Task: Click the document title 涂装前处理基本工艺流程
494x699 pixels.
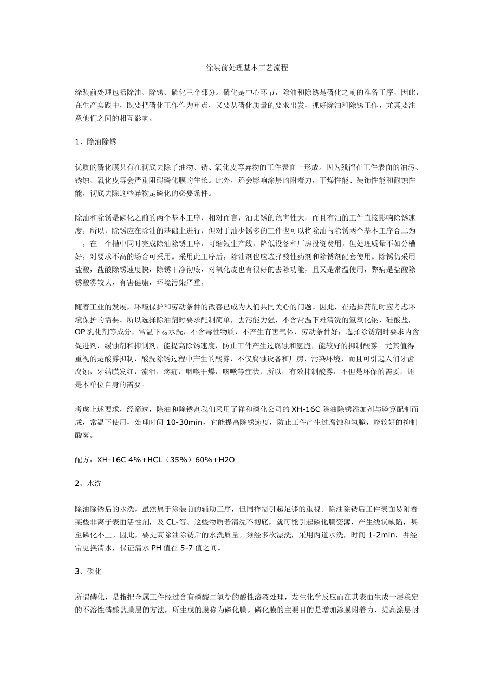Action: coord(247,68)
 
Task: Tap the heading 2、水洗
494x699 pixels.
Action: coord(88,483)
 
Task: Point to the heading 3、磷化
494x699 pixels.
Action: coord(88,571)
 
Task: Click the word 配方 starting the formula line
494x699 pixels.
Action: coord(82,460)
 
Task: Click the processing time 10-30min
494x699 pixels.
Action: coord(185,422)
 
